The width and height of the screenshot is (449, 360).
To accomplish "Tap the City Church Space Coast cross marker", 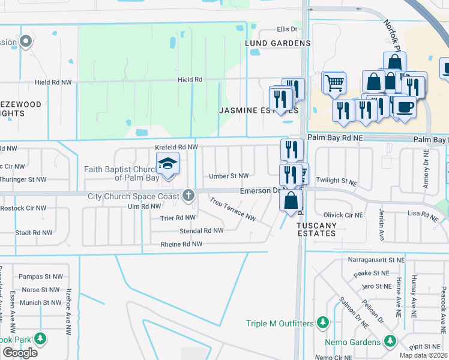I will point(188,195).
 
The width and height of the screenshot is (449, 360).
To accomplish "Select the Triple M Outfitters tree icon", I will point(323,323).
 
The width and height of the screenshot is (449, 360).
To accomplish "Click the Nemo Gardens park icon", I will point(391,341).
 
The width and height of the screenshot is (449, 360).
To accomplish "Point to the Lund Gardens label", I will point(277,43).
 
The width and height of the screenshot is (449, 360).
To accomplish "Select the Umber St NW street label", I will point(229,176).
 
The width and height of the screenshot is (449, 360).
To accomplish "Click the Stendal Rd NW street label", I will point(202,230).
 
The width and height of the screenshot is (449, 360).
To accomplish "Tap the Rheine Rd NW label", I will point(181,244).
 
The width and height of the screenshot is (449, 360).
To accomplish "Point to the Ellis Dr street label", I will point(287,29).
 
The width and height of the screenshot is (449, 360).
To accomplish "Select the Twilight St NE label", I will point(336,180).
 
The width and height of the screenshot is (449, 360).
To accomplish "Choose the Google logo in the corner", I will point(20,353).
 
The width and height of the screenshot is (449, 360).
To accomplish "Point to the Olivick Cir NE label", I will point(343,215).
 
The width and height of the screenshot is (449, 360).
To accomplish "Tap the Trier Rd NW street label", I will point(178,218).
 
